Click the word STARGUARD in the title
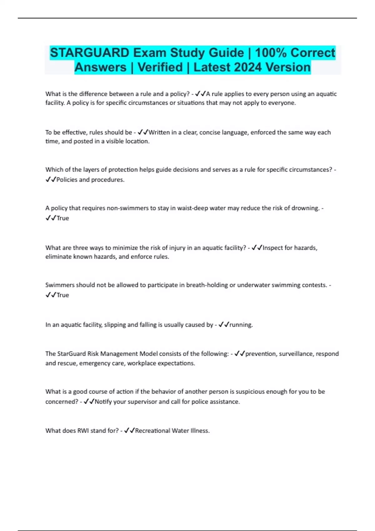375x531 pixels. pos(89,53)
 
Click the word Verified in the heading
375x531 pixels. pos(160,67)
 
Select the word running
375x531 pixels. pos(241,325)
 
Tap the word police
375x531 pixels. pos(200,402)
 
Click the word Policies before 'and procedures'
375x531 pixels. pos(67,180)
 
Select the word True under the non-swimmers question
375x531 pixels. pos(62,218)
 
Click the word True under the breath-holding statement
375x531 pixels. pos(62,295)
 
